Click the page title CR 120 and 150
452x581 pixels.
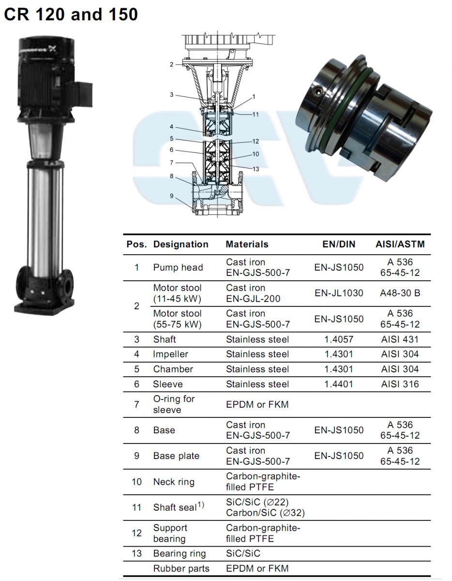click(x=71, y=14)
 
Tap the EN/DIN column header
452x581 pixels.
click(x=339, y=244)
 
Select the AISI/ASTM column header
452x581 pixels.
click(x=400, y=244)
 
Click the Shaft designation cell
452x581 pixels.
click(x=164, y=339)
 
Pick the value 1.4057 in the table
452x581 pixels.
click(x=339, y=339)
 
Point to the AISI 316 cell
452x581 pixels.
click(x=400, y=384)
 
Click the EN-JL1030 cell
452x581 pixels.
click(x=339, y=293)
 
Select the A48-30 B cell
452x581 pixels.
click(x=400, y=293)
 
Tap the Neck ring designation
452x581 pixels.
click(x=174, y=482)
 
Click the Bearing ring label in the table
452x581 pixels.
click(x=180, y=553)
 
